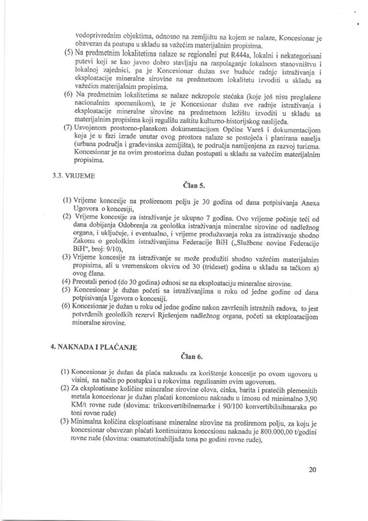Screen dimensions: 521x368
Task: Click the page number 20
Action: pyautogui.click(x=312, y=470)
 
